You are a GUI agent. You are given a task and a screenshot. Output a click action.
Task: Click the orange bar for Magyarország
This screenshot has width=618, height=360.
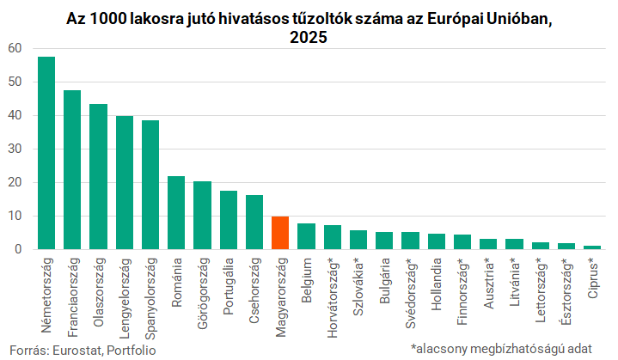pyautogui.click(x=280, y=233)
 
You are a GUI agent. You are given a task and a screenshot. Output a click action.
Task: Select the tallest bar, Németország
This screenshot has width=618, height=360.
pyautogui.click(x=46, y=153)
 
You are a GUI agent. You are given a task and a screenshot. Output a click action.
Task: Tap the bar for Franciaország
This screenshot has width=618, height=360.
pyautogui.click(x=72, y=170)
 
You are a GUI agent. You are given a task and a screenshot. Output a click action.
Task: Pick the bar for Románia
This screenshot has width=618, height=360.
pyautogui.click(x=176, y=213)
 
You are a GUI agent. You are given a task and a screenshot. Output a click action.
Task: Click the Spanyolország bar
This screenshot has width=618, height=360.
pyautogui.click(x=150, y=185)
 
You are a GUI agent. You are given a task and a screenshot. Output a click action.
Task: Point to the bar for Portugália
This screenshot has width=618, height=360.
pyautogui.click(x=228, y=220)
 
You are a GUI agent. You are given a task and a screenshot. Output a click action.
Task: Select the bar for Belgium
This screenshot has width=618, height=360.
pyautogui.click(x=306, y=236)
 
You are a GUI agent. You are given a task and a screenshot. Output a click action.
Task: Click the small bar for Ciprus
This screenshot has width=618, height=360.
pyautogui.click(x=592, y=247)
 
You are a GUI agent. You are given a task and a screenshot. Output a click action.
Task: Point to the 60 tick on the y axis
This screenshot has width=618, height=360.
pyautogui.click(x=15, y=48)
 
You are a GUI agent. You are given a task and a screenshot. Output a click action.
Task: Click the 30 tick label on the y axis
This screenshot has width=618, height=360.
pyautogui.click(x=15, y=149)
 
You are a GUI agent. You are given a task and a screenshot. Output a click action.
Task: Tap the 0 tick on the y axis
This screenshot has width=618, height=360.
pyautogui.click(x=18, y=249)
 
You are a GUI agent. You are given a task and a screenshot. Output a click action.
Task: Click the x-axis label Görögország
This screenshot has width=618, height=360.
pyautogui.click(x=202, y=293)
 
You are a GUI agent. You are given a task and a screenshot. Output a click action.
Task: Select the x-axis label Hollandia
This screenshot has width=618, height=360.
pyautogui.click(x=436, y=284)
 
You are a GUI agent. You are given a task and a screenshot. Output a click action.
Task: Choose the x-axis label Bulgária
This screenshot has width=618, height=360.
pyautogui.click(x=384, y=280)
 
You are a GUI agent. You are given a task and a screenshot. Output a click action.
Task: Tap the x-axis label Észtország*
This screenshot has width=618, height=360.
pyautogui.click(x=566, y=291)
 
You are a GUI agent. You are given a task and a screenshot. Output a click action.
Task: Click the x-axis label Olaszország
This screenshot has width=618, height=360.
pyautogui.click(x=99, y=292)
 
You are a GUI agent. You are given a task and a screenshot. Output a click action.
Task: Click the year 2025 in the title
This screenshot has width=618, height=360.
pyautogui.click(x=309, y=37)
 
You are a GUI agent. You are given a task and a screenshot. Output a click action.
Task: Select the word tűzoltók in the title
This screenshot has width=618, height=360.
pyautogui.click(x=322, y=19)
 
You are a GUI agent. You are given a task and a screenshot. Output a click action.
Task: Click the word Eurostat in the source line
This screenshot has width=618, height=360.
pyautogui.click(x=77, y=351)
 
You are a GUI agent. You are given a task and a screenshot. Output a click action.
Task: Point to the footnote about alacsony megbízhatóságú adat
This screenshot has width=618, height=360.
pyautogui.click(x=501, y=349)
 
